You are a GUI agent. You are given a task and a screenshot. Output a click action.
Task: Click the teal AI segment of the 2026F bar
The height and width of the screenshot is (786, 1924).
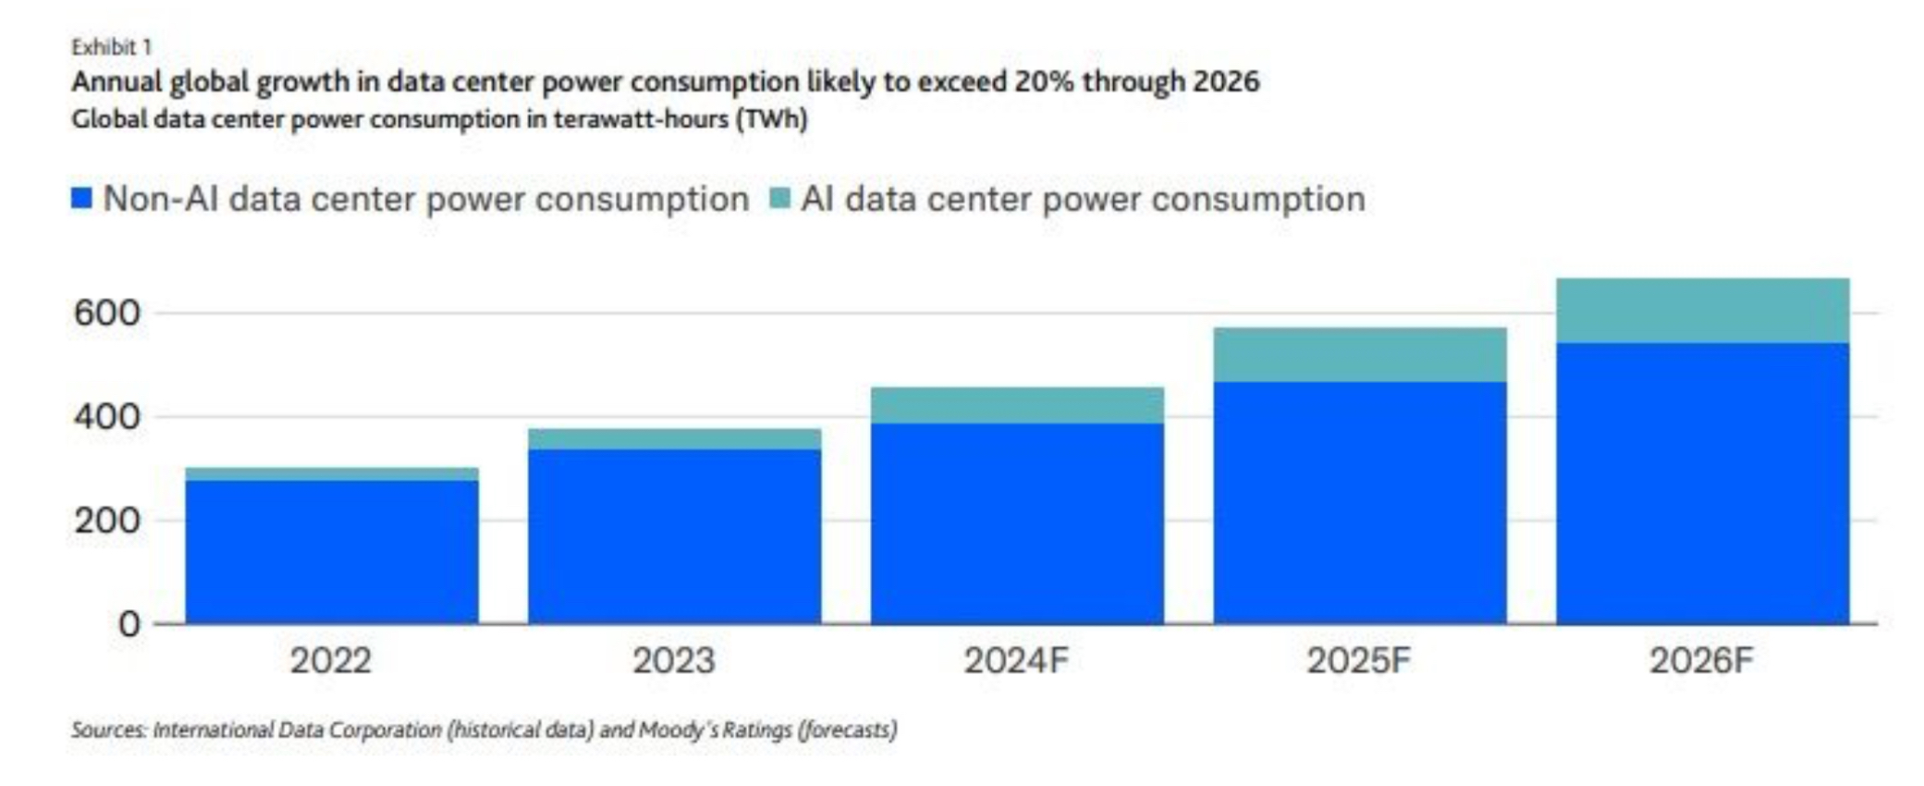[x=1702, y=311]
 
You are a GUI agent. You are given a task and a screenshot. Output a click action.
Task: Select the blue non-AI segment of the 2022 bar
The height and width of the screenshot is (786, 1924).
[x=332, y=551]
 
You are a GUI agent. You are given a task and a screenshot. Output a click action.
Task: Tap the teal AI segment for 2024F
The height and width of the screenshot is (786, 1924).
[x=1017, y=406]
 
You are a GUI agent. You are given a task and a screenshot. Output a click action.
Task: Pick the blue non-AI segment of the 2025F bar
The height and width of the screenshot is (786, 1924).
[x=1359, y=502]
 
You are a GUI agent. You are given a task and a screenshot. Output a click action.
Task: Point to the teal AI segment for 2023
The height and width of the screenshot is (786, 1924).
[x=674, y=439]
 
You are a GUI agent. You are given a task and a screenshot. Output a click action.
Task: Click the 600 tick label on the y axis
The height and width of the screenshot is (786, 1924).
[x=107, y=313]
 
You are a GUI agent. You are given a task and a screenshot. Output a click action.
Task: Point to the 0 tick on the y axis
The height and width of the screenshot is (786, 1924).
[x=129, y=624]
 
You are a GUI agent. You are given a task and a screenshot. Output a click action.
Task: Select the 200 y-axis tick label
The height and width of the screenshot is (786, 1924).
[x=107, y=521]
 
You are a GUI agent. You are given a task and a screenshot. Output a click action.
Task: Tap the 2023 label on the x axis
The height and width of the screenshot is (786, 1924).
[x=674, y=661]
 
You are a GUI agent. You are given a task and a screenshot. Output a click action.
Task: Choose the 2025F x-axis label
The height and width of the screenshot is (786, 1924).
[x=1359, y=661]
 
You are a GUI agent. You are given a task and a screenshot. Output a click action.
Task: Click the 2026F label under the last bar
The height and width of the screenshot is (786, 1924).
[x=1701, y=661]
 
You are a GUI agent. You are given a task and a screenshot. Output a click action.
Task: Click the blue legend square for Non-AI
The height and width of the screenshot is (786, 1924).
[x=82, y=198]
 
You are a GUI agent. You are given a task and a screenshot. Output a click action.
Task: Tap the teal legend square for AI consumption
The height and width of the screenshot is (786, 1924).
[x=780, y=198]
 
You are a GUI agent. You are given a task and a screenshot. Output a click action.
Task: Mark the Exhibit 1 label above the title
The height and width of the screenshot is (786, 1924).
[x=112, y=47]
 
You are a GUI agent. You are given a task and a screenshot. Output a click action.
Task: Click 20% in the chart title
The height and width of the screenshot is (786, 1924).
[x=1045, y=81]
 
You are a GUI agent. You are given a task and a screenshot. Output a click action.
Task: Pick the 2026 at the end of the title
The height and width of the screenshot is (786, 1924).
[x=1225, y=81]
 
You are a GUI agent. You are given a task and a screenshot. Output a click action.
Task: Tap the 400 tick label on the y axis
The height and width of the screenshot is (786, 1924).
[x=107, y=417]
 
